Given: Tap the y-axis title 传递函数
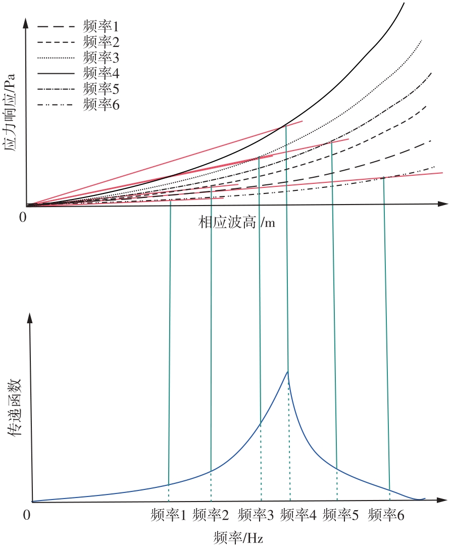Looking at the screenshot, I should [14, 407].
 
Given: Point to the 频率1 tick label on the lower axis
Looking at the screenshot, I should [169, 515].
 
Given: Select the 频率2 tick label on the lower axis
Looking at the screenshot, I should [211, 515].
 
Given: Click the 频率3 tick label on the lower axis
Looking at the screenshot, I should [256, 515].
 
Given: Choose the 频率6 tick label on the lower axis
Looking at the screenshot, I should [386, 515].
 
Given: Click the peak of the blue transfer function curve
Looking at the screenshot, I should [287, 372].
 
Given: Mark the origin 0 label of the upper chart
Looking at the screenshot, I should [22, 218].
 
